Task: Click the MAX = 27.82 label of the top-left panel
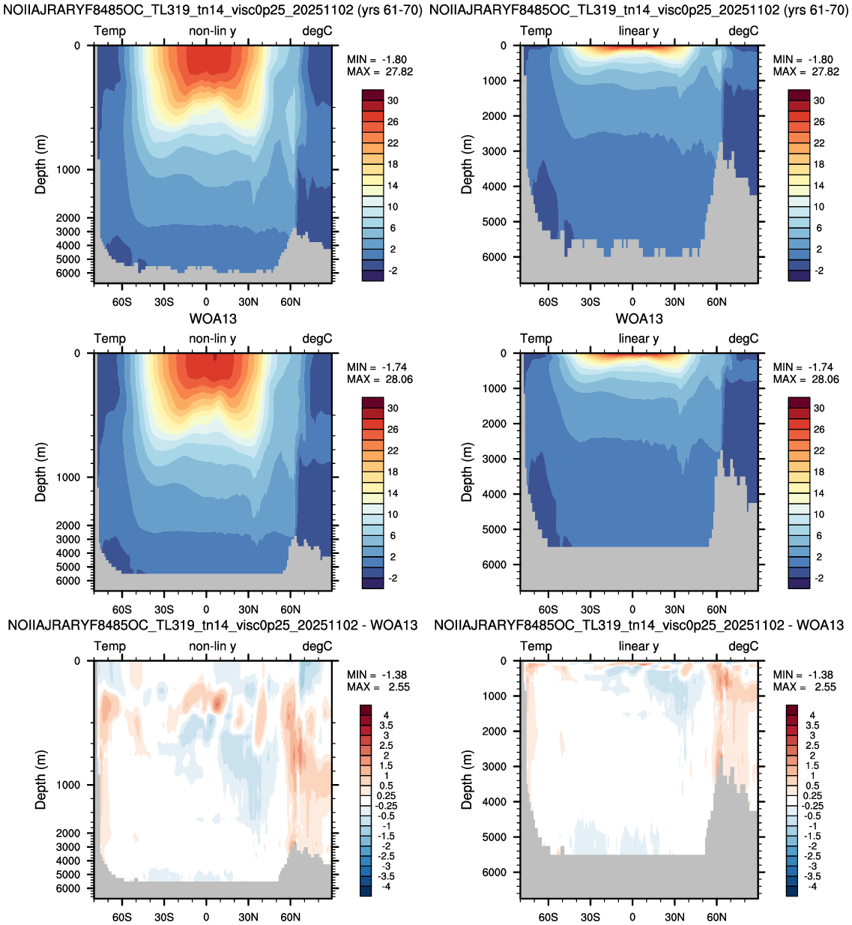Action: [380, 72]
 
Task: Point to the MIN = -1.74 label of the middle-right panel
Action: [803, 367]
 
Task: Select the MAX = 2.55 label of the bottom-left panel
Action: [378, 687]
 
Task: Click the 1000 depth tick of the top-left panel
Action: [68, 169]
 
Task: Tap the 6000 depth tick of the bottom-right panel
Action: [495, 872]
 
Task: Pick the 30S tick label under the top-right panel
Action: [590, 302]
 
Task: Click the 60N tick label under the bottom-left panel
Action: [290, 918]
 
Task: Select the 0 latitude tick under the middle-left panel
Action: [206, 609]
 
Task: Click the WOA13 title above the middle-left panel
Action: [213, 319]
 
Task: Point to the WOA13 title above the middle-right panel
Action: [639, 319]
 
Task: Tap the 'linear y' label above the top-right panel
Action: [638, 31]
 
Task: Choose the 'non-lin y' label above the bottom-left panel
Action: [213, 646]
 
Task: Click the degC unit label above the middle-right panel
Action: [743, 339]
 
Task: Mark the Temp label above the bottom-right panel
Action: [537, 646]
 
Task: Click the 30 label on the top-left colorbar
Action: [393, 100]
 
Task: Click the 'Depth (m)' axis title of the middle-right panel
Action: [467, 471]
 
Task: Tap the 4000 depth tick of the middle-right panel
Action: [495, 494]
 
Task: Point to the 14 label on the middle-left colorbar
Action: [393, 493]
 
